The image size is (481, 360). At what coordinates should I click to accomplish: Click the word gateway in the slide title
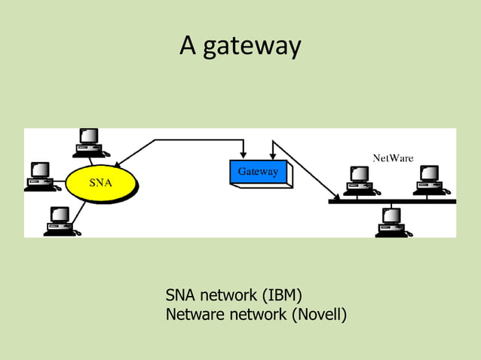point(252,47)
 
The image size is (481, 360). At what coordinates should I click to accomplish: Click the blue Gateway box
point(258,172)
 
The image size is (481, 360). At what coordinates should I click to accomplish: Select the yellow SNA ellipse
point(103,182)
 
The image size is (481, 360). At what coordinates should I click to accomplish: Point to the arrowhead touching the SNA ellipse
point(121,165)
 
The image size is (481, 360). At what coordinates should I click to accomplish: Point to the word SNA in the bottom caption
point(181,294)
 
